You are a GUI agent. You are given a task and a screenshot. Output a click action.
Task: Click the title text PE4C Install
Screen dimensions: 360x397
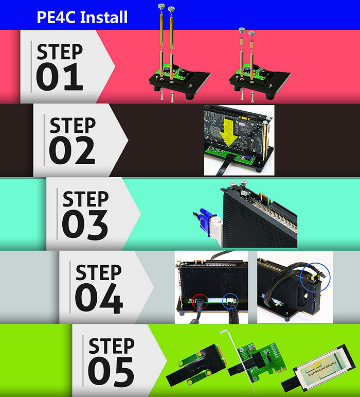82,17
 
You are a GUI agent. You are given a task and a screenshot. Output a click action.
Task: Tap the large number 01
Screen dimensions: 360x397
60,77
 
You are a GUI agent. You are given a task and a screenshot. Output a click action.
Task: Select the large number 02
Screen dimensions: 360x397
72,150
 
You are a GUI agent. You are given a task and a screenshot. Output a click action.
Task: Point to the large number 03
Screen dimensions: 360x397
85,224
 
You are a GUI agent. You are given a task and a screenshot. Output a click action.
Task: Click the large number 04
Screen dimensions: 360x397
99,298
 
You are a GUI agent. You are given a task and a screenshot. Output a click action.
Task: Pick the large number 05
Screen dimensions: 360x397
111,372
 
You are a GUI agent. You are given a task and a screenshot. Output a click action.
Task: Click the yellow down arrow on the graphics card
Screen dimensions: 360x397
228,133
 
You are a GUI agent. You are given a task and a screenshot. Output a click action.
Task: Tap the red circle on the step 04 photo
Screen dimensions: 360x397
200,302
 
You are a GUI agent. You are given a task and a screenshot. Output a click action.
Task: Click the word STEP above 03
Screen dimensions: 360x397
85,199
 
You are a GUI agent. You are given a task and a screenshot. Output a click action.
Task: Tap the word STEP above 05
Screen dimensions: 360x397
112,346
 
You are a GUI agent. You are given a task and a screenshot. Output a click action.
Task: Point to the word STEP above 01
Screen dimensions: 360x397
60,51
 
